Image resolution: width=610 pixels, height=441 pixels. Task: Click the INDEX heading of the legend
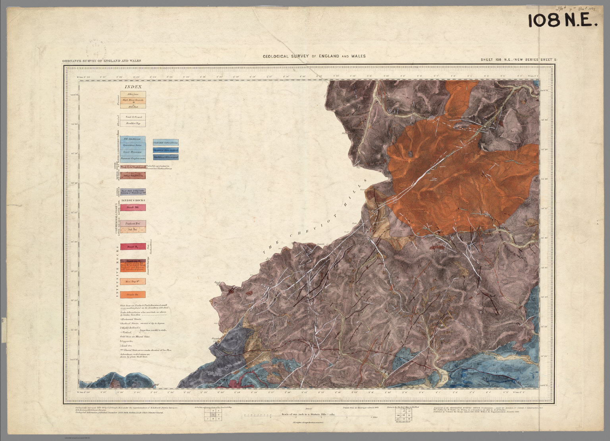[133, 87]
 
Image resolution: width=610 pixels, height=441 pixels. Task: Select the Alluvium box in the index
[133, 95]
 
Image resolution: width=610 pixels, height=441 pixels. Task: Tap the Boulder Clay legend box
[133, 124]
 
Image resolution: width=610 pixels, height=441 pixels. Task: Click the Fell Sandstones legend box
[133, 139]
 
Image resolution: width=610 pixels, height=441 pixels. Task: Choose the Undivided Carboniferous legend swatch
[166, 142]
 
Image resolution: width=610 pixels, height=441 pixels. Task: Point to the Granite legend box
[133, 294]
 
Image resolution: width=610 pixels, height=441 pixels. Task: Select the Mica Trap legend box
[133, 282]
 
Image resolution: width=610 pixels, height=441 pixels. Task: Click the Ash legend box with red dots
[133, 230]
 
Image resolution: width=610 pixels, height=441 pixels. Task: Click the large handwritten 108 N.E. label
[562, 21]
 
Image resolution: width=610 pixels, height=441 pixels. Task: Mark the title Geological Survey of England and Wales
[314, 56]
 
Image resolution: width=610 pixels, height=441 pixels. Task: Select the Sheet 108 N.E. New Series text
[519, 60]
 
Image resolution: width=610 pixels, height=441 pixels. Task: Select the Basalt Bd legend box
[133, 207]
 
